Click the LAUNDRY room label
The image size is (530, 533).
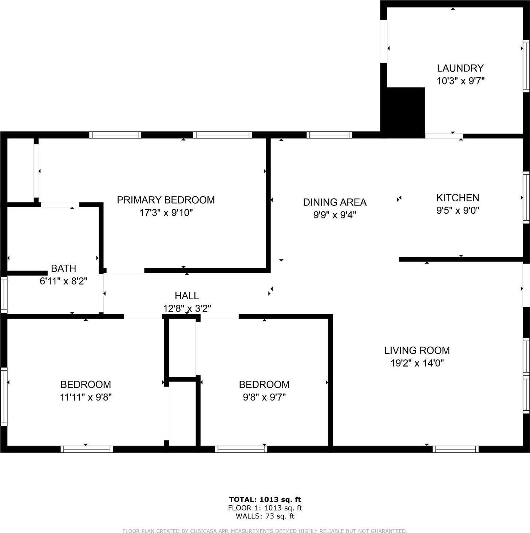[460, 68]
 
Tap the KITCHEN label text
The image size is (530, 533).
[458, 198]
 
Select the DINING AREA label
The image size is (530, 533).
[335, 202]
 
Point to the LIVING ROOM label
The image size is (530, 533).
[417, 350]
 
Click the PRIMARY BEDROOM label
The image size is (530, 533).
[166, 200]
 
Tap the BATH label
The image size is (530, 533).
[63, 268]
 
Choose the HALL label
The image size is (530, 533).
[187, 296]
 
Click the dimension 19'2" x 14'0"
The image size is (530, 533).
[417, 363]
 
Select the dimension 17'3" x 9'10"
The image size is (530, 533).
[166, 213]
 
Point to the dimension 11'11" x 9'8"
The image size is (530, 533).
[86, 397]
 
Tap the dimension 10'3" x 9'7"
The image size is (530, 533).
[460, 81]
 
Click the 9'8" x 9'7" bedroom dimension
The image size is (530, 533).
[264, 397]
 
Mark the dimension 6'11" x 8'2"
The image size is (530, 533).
[63, 281]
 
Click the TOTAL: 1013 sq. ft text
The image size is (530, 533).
[265, 500]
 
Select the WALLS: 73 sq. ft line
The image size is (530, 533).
[265, 516]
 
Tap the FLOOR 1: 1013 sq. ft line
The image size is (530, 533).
[265, 508]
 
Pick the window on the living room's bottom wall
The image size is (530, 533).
[455, 449]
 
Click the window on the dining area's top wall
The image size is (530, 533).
[329, 135]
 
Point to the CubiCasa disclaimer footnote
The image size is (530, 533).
[265, 531]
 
